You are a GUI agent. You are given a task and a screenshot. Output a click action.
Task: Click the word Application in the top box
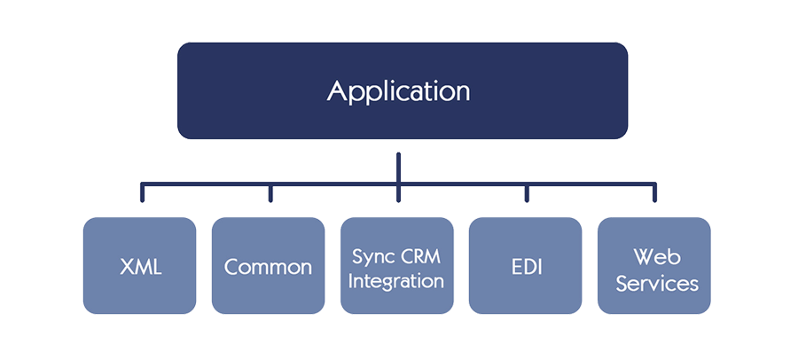(398, 92)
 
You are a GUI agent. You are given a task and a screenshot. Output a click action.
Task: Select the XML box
(139, 266)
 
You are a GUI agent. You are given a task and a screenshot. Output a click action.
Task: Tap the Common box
(268, 266)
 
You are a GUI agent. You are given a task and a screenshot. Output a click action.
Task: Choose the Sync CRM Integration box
(397, 266)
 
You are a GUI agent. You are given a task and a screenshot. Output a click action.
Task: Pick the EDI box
(525, 266)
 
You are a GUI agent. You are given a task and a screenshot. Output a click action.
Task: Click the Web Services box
(654, 266)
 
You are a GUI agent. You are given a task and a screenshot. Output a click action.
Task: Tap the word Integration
(396, 282)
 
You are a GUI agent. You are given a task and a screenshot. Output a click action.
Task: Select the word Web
(656, 256)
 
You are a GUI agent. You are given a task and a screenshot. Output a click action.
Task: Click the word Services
(656, 283)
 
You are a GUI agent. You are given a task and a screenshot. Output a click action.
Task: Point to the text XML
(141, 267)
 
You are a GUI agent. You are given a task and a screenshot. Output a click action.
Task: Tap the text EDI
(527, 267)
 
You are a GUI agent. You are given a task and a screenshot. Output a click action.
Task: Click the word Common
(268, 267)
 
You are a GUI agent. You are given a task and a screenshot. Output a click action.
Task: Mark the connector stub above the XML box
(143, 192)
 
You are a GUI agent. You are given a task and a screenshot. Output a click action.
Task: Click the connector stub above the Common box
(270, 192)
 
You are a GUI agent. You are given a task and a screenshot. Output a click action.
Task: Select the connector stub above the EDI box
(527, 192)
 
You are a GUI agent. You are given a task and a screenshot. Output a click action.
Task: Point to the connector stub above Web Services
(655, 192)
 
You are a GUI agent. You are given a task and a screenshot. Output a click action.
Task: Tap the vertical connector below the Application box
(398, 177)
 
